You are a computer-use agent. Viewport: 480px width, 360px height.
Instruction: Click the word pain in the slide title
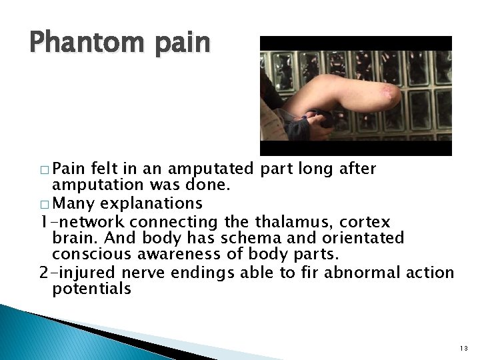tap(179, 43)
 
